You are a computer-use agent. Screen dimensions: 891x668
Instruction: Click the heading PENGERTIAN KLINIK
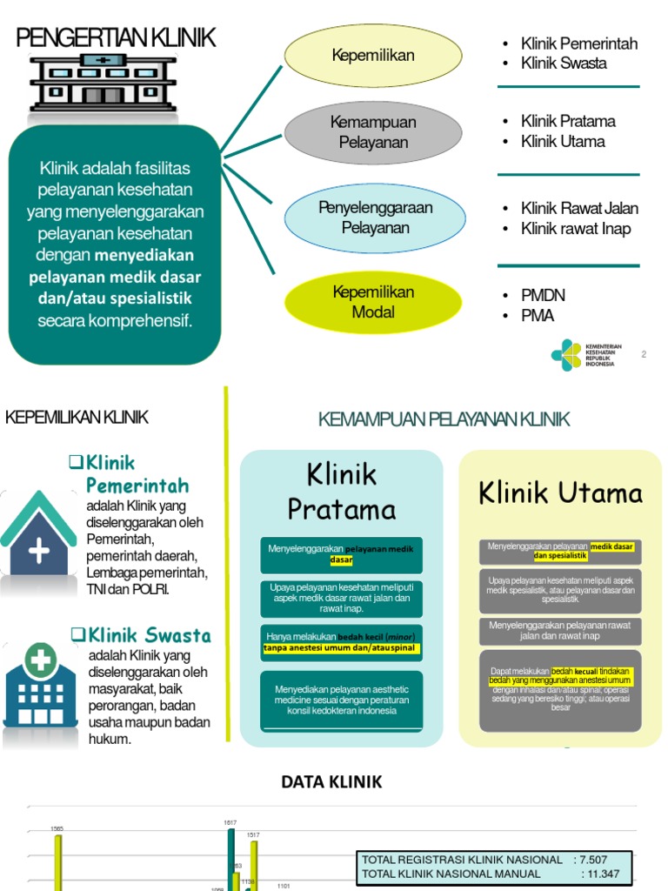(116, 38)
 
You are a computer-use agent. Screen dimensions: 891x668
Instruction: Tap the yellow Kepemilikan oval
(373, 56)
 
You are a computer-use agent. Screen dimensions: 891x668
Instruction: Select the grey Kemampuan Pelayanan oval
(373, 132)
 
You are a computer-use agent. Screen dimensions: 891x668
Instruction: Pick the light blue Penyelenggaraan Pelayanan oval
(375, 218)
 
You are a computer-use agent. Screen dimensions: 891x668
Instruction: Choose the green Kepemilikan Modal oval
(373, 302)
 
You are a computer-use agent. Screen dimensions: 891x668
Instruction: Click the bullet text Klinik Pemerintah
(578, 44)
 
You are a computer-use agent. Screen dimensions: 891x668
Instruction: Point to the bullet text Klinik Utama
(563, 141)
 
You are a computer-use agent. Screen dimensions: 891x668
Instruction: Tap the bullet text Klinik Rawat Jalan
(579, 208)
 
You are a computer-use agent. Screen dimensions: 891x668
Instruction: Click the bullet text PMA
(538, 316)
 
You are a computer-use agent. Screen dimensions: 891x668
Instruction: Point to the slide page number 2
(644, 354)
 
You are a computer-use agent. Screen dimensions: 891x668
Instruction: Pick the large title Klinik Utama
(560, 493)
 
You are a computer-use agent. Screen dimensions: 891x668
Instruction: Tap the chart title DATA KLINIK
(331, 781)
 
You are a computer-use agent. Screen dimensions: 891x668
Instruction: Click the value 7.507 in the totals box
(606, 860)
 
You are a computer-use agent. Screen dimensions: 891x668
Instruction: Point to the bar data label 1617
(230, 822)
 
